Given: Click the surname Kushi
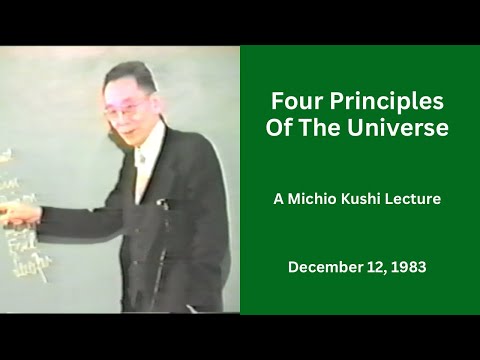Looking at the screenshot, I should [364, 199].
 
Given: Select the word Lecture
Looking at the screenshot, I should [415, 199].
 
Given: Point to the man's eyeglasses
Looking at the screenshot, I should [126, 107].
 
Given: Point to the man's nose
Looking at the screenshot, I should [124, 117].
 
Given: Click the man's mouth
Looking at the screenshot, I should [127, 132].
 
